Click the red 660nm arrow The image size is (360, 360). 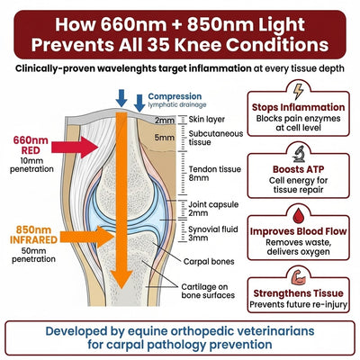(x=75, y=147)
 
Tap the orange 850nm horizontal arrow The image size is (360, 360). (x=86, y=237)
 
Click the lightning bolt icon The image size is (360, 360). (x=298, y=92)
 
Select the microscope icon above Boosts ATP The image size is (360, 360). (x=299, y=154)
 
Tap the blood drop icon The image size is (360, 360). (x=298, y=216)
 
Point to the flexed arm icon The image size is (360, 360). (x=298, y=278)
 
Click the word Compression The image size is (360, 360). (x=175, y=96)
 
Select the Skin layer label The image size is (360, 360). (x=207, y=120)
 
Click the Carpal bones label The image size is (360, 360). (x=209, y=261)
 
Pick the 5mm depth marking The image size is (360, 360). (x=165, y=138)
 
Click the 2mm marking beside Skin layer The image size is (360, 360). (x=165, y=121)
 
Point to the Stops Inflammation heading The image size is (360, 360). (x=298, y=107)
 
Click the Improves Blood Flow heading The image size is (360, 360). (x=298, y=231)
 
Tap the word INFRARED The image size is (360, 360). (x=33, y=240)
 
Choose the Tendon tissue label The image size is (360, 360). (x=215, y=169)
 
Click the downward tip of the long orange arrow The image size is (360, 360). (x=121, y=289)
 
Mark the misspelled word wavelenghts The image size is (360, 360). (x=126, y=68)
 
